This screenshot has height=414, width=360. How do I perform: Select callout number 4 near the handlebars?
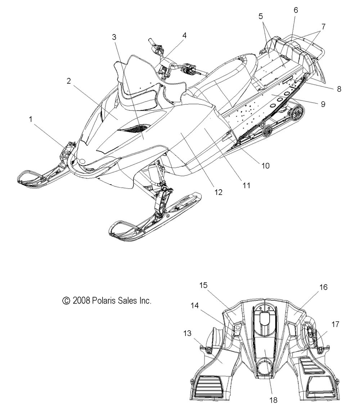[184, 35]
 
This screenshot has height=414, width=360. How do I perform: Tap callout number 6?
[296, 10]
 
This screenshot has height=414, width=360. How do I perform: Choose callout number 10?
[265, 165]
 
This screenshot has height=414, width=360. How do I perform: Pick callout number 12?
[219, 192]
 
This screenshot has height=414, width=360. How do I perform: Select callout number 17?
[335, 324]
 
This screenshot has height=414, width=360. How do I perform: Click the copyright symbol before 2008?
[66, 301]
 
